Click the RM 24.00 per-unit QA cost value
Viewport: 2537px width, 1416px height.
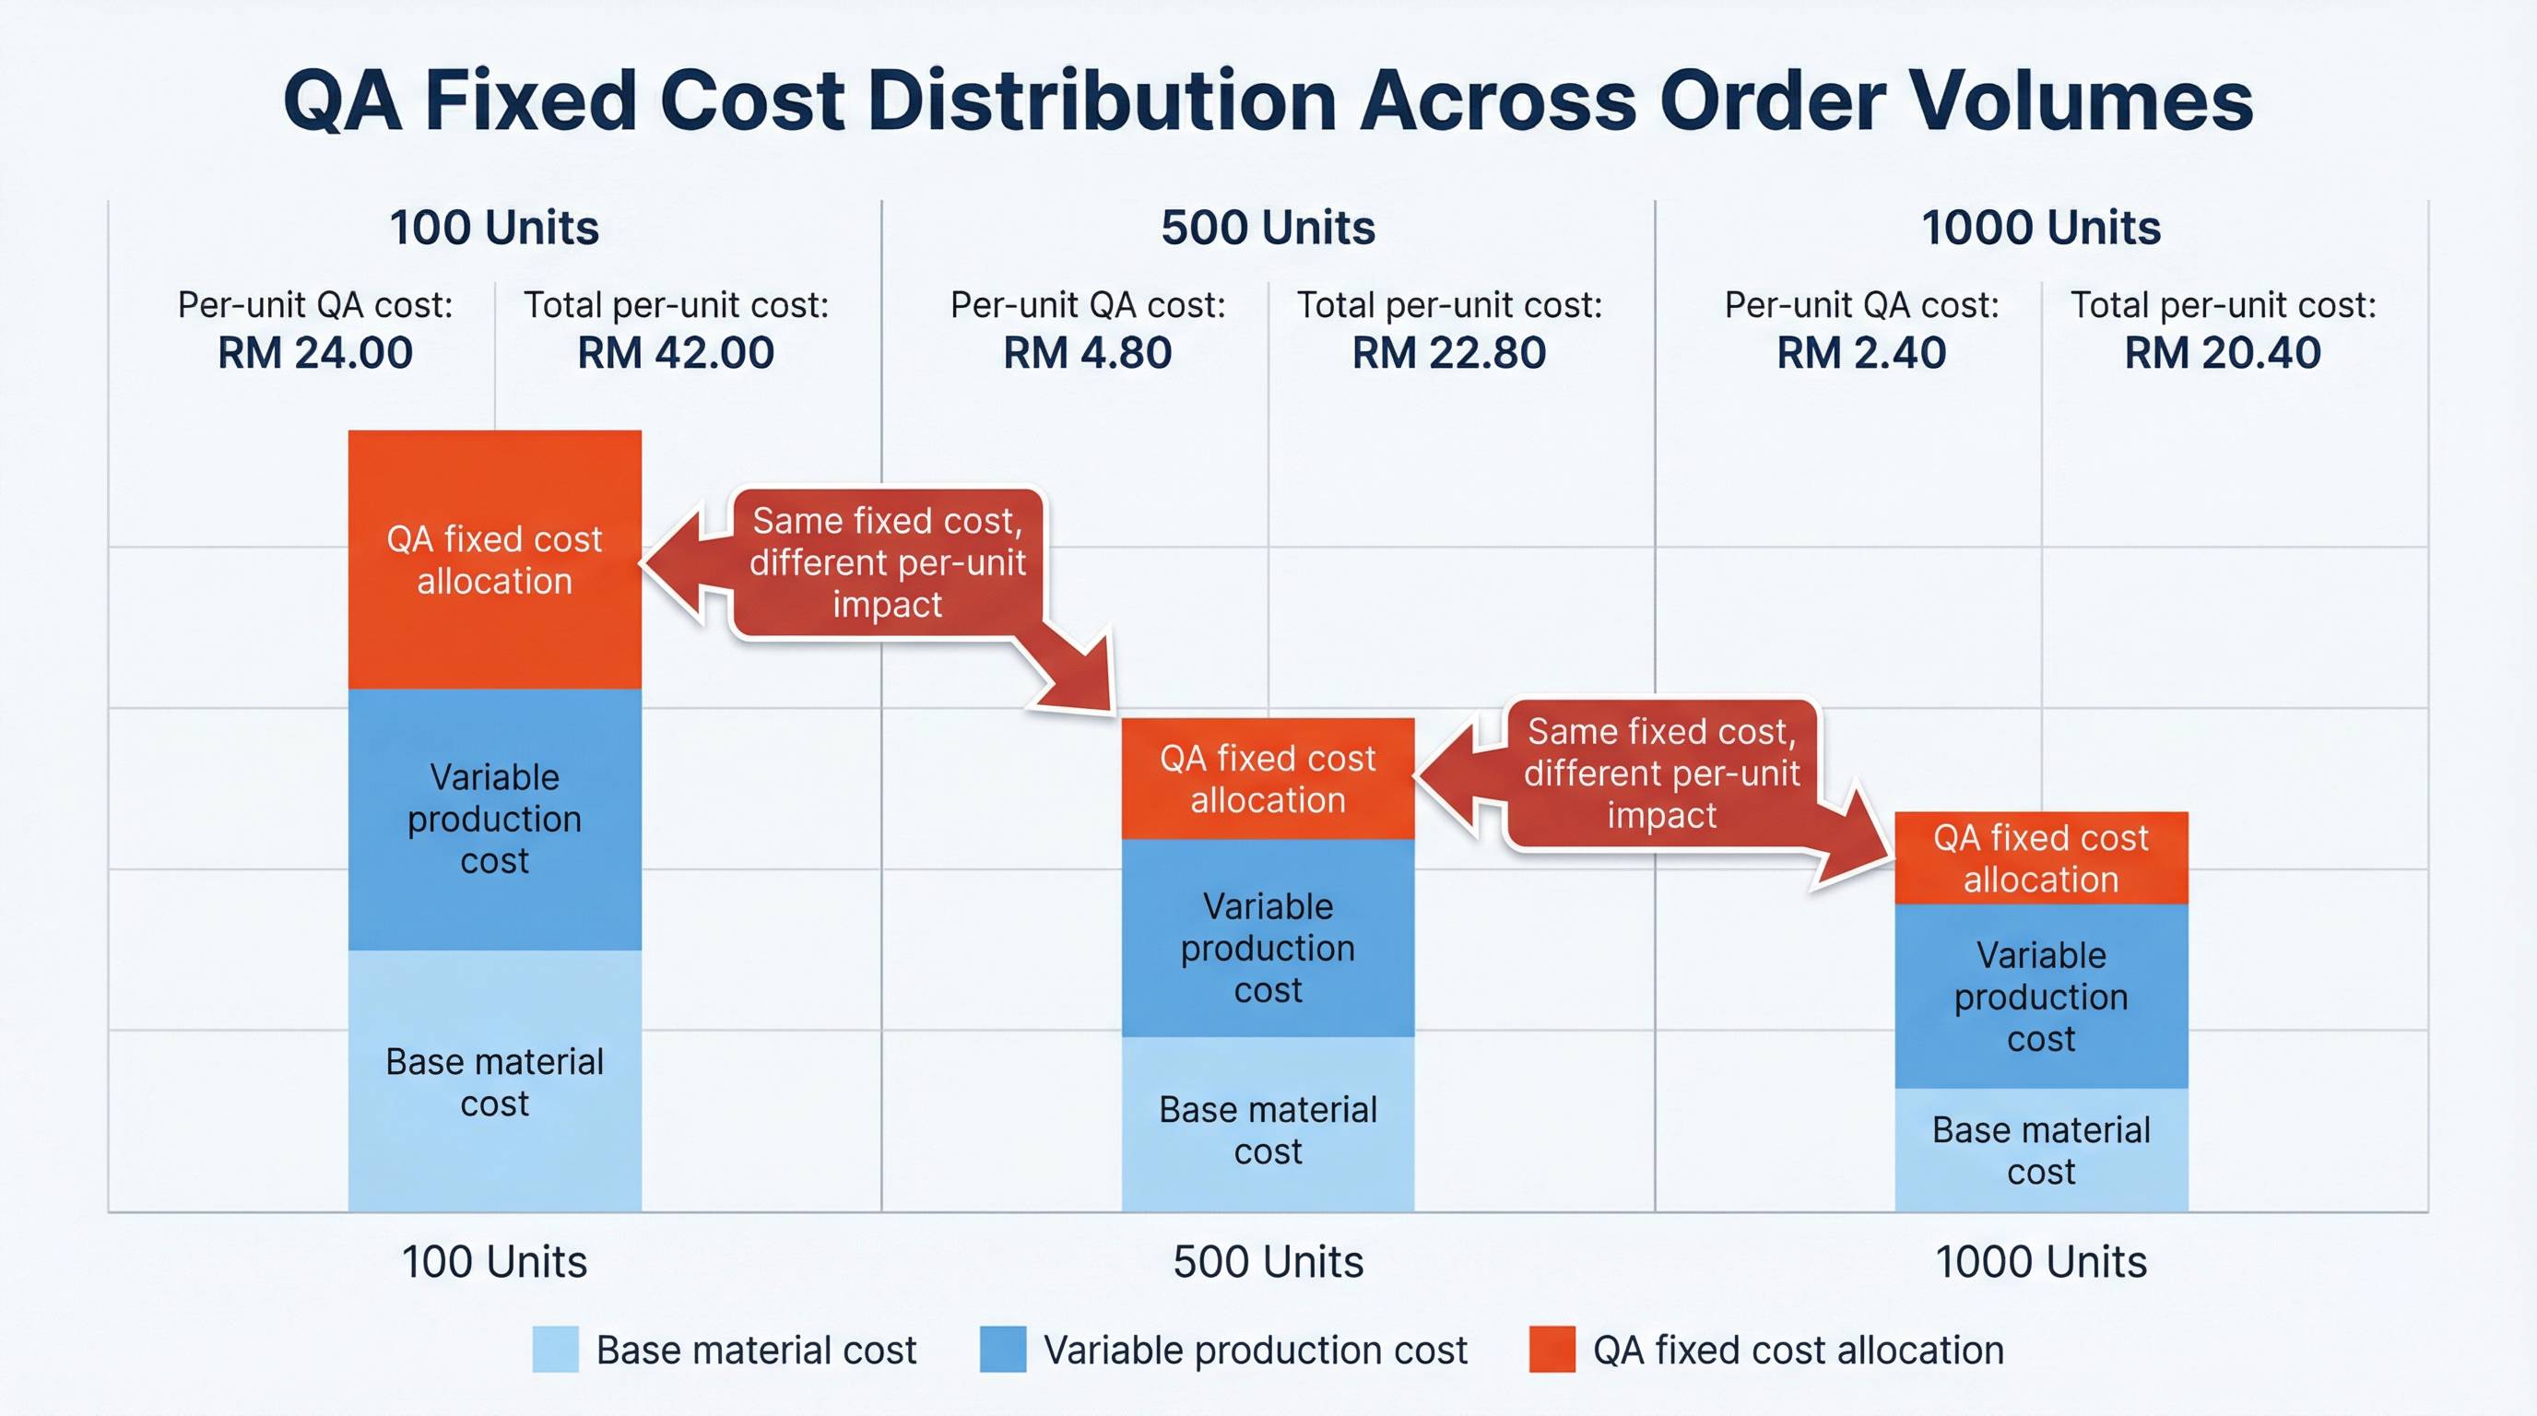(x=315, y=353)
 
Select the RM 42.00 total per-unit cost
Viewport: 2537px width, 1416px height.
(x=676, y=353)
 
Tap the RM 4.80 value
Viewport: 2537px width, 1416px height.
(x=1087, y=353)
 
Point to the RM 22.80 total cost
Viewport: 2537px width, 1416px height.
(x=1449, y=353)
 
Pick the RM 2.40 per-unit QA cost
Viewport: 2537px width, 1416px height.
(x=1861, y=353)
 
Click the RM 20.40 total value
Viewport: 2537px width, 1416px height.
(x=2223, y=353)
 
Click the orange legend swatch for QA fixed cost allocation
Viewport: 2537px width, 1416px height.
(x=1552, y=1349)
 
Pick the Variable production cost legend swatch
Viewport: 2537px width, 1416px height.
(x=1003, y=1349)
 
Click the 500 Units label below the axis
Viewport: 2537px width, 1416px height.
(x=1268, y=1262)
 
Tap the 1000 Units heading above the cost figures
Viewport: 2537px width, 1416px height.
(x=2041, y=229)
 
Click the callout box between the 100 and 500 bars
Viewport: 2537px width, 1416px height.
(x=886, y=562)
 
